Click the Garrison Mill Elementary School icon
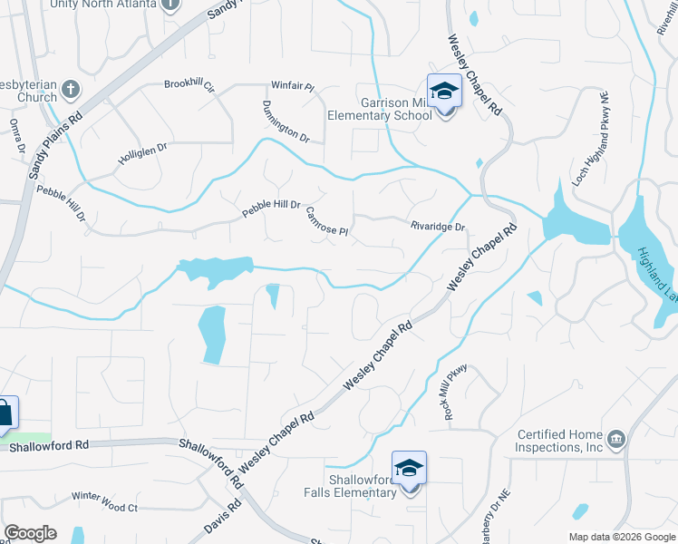[x=444, y=91]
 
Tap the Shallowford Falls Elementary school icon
[x=409, y=468]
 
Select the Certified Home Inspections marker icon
[x=616, y=440]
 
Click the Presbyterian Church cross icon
[x=71, y=89]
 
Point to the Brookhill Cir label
[x=189, y=85]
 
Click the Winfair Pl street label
[x=292, y=87]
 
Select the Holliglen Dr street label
[x=143, y=155]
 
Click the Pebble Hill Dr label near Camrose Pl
[x=270, y=209]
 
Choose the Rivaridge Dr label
[x=437, y=227]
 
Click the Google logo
[x=30, y=533]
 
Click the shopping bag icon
[x=5, y=413]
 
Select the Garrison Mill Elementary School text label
[x=384, y=110]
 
